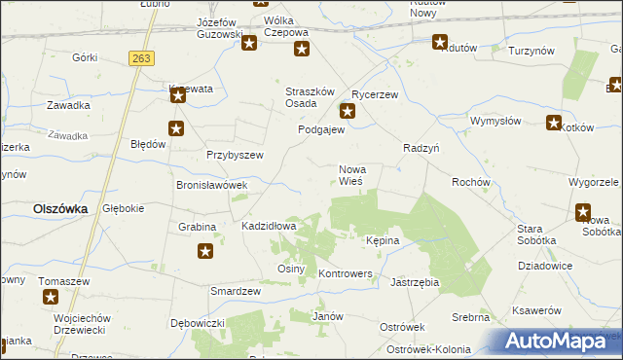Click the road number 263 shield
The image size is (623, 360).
pos(141,59)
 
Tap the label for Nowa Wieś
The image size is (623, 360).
pos(351,175)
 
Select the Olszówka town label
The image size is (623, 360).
pos(60,208)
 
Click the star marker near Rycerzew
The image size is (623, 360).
pos(347,111)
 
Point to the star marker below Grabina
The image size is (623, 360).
pos(205,252)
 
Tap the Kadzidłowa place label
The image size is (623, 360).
pos(269,226)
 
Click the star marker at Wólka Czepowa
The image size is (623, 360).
pos(302,50)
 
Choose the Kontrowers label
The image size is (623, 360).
pos(347,274)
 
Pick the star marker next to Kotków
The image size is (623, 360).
pos(554,123)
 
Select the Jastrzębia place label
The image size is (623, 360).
pos(415,282)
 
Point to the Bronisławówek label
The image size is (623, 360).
pos(211,184)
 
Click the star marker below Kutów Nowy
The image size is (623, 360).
pos(439,42)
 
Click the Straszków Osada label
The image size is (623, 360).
pos(311,97)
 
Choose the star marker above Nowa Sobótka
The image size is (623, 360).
pos(583,211)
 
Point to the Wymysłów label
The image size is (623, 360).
pos(495,121)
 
